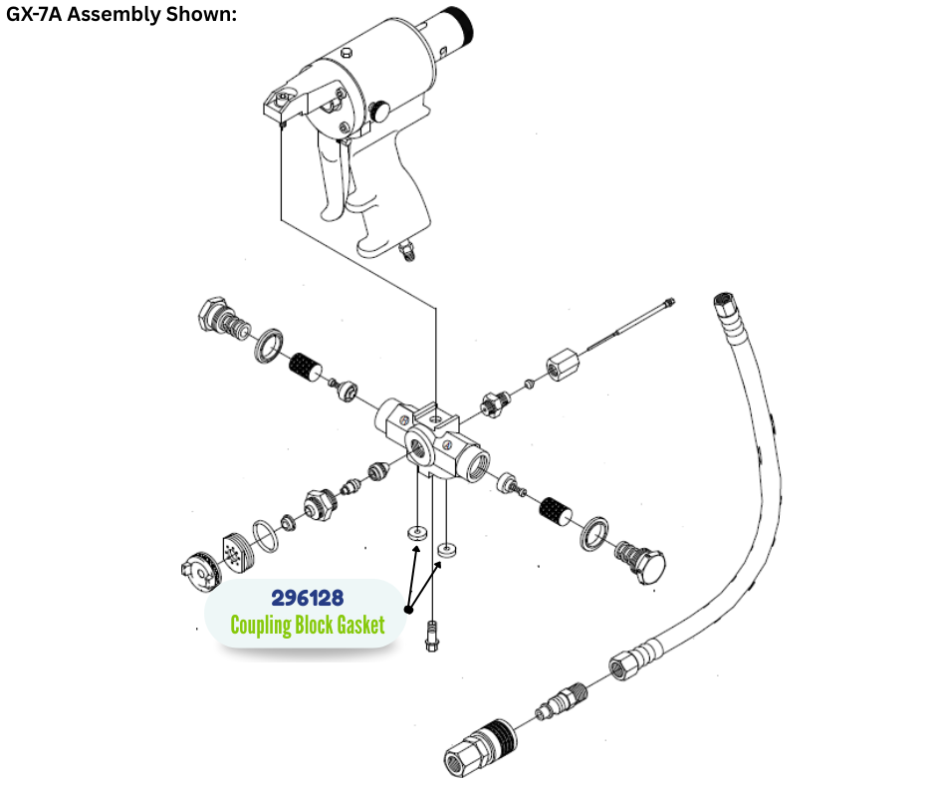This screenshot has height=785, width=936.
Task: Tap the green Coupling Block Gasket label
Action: click(307, 626)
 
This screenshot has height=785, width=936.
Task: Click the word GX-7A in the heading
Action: click(38, 16)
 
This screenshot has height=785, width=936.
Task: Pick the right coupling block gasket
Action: click(447, 549)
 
